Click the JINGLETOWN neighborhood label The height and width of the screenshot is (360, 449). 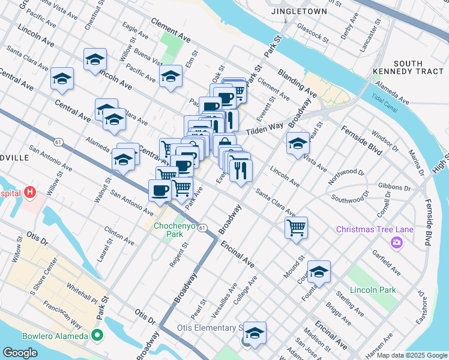pyautogui.click(x=298, y=11)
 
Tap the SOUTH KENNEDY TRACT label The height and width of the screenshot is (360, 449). pyautogui.click(x=416, y=68)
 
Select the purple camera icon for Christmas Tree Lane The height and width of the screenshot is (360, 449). pyautogui.click(x=396, y=242)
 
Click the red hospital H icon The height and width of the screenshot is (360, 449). pyautogui.click(x=31, y=193)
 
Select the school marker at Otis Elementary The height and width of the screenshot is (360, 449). pyautogui.click(x=255, y=333)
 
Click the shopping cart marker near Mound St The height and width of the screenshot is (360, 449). pyautogui.click(x=296, y=227)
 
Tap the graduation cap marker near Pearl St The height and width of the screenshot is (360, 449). pyautogui.click(x=297, y=143)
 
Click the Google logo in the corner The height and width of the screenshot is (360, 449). pyautogui.click(x=20, y=353)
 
